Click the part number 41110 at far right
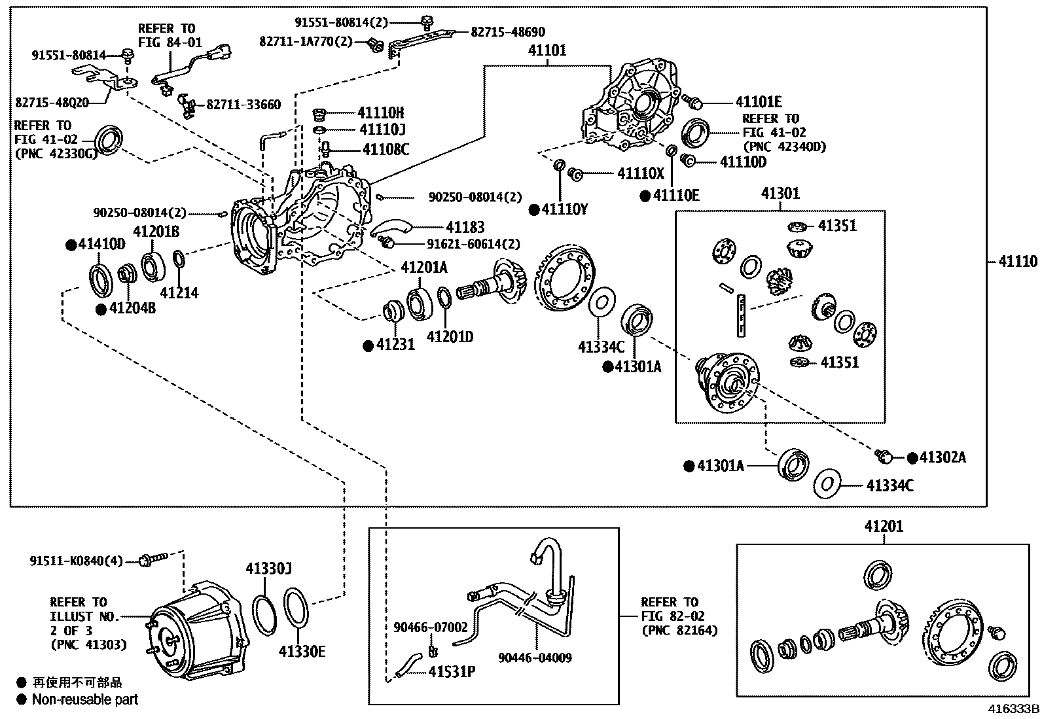(1018, 262)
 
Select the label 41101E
(758, 102)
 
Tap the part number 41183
(465, 227)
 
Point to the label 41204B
(132, 308)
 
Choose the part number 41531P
(452, 671)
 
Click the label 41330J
(268, 569)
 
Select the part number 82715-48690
(507, 31)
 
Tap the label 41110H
(380, 113)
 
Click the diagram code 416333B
(1013, 709)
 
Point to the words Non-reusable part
(85, 699)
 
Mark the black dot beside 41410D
(71, 245)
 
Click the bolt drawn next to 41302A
(886, 455)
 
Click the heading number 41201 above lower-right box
(884, 526)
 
